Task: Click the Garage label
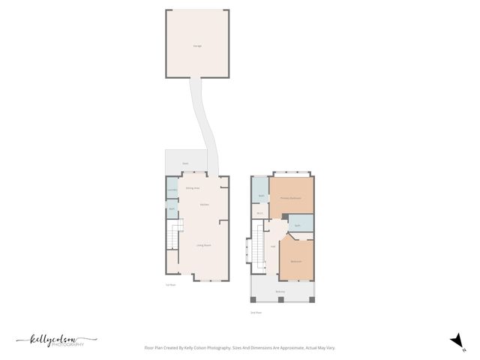197,46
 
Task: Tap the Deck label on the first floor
184,163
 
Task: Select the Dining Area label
193,188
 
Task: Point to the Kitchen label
204,204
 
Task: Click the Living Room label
202,245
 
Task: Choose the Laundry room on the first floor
172,190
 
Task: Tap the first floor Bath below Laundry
172,208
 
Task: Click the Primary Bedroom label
291,197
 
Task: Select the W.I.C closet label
259,213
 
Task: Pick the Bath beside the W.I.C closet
260,196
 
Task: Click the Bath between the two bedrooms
298,225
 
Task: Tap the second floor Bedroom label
296,261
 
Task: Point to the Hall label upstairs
273,245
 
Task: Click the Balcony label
280,291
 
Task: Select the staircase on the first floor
175,236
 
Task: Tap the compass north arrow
454,340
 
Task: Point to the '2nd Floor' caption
256,313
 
